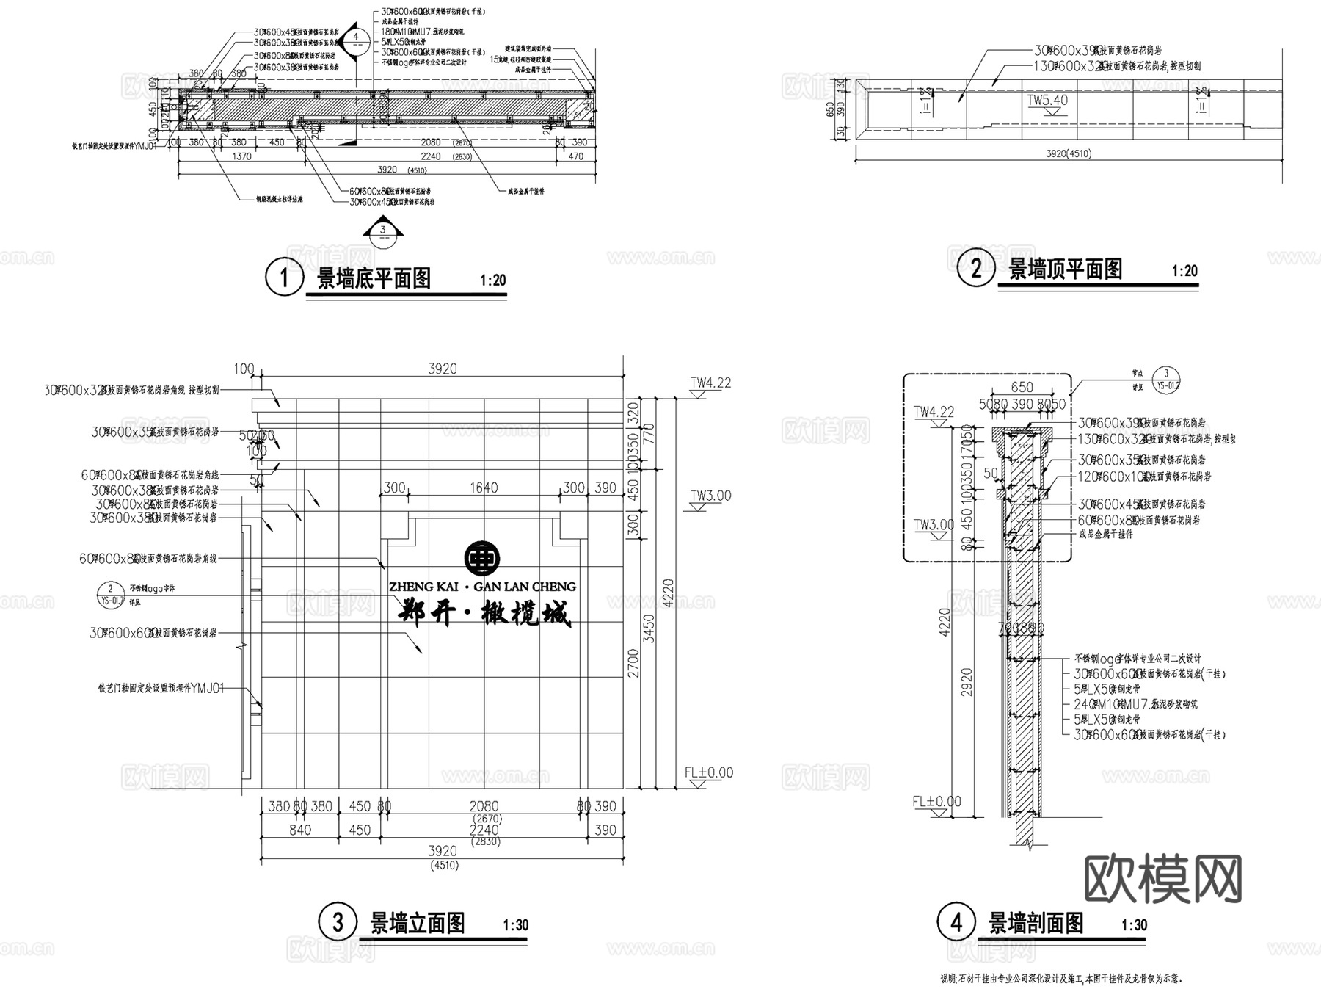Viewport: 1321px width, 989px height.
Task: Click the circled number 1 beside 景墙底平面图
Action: click(x=283, y=278)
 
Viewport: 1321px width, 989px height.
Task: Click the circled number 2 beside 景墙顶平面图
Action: click(x=976, y=268)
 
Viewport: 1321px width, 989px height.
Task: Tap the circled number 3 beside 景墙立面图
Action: click(x=338, y=922)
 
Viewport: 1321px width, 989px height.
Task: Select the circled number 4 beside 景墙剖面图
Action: click(x=956, y=922)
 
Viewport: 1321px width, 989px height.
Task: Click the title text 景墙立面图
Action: click(x=417, y=922)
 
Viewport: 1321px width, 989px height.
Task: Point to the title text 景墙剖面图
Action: click(x=1036, y=923)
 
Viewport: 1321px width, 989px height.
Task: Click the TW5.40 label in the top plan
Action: click(x=1047, y=101)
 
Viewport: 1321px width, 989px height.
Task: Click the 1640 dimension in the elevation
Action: click(x=484, y=488)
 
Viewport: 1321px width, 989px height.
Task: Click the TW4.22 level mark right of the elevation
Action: click(x=710, y=383)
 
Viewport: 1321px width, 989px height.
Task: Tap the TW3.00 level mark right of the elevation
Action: click(x=710, y=496)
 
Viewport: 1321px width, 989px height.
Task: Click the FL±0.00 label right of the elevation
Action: click(x=708, y=772)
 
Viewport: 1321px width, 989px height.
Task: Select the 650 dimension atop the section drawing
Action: click(x=1022, y=387)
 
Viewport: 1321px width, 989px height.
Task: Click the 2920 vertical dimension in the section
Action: click(x=967, y=683)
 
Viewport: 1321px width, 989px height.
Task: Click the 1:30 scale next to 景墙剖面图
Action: click(x=1134, y=925)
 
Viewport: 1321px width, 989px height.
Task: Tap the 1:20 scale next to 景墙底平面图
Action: click(x=493, y=280)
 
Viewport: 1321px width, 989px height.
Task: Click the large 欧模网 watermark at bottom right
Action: click(x=1163, y=879)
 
